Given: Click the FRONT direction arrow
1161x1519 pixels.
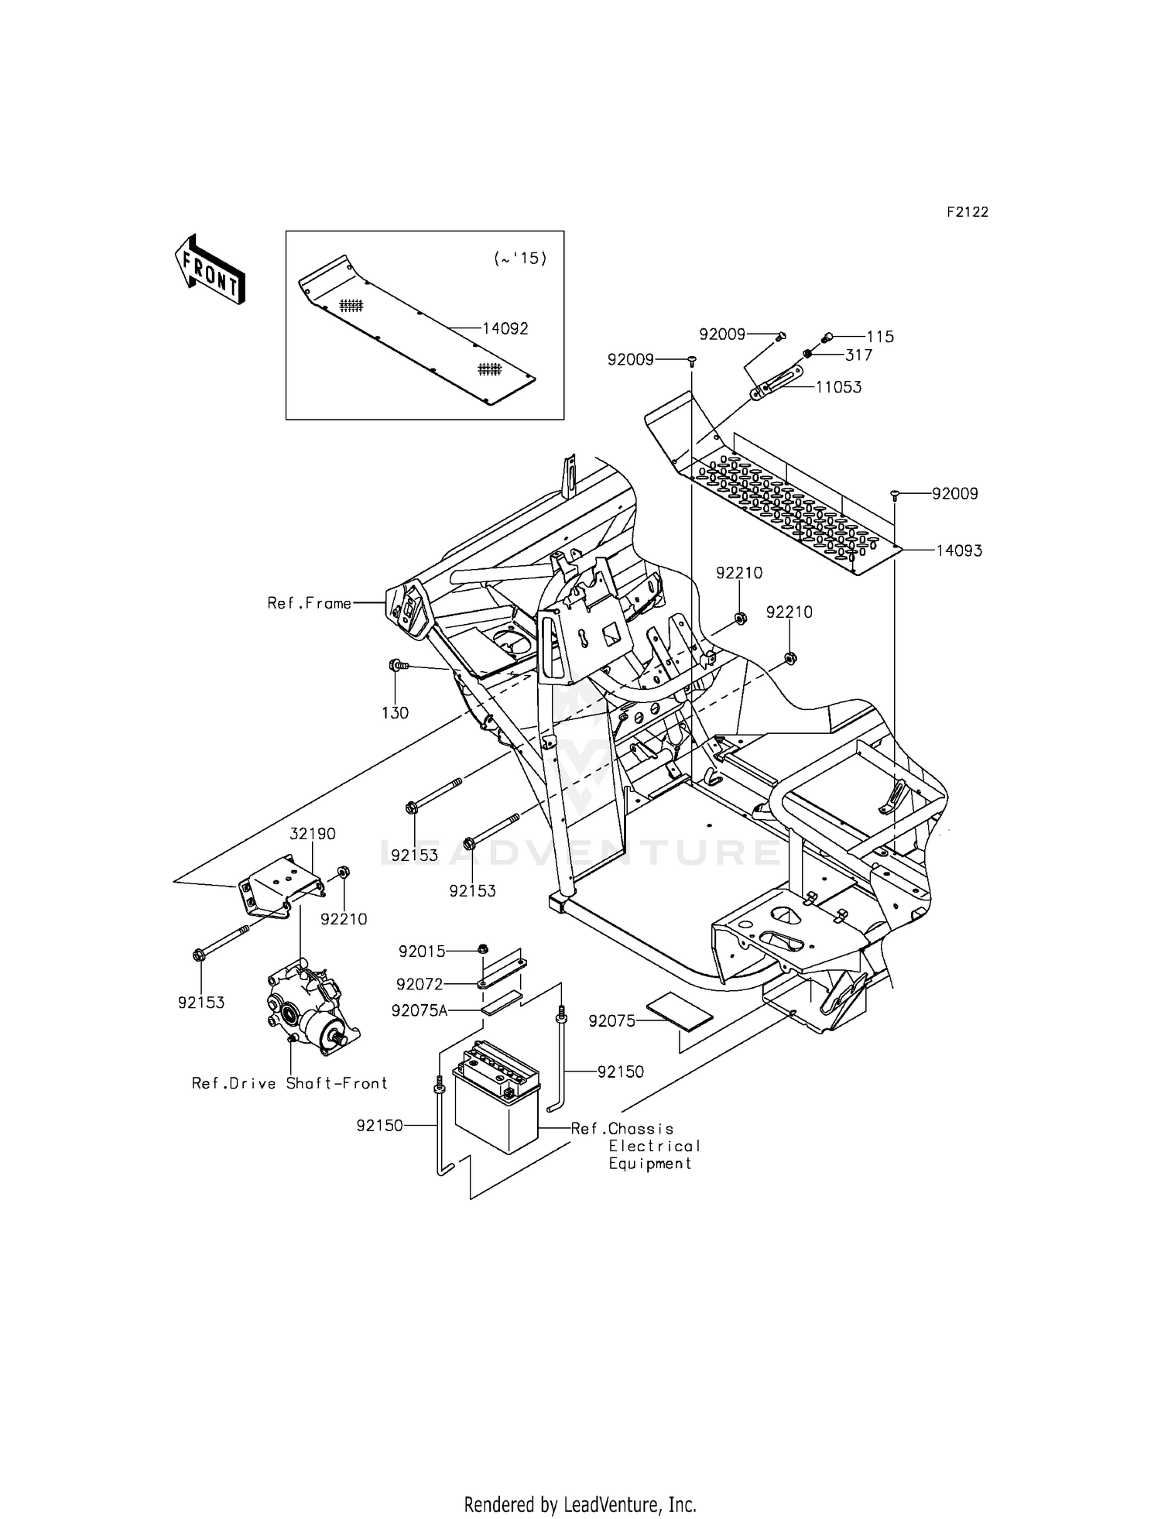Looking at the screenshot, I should click(x=209, y=269).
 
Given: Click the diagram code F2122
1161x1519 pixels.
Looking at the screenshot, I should click(x=967, y=212).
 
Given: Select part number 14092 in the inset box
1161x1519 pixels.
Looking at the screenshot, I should click(x=505, y=328).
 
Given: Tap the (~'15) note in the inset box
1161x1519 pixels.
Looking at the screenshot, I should click(x=520, y=259).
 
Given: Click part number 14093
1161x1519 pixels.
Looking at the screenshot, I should click(x=959, y=550).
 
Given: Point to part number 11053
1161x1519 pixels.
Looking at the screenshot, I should click(x=838, y=387).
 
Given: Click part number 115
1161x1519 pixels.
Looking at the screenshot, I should click(x=880, y=337).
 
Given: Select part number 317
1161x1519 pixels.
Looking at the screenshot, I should click(x=859, y=355).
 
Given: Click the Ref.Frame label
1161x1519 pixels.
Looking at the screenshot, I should click(x=310, y=603).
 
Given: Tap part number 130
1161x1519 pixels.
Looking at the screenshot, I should click(x=395, y=713).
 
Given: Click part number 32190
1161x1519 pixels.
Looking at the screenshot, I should click(x=313, y=834).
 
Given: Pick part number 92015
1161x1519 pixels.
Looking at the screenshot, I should click(x=422, y=951).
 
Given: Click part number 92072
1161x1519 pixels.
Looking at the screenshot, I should click(x=420, y=984).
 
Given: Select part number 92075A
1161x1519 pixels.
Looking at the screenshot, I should click(x=420, y=1010).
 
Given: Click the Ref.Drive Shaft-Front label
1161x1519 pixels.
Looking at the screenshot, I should click(x=289, y=1083).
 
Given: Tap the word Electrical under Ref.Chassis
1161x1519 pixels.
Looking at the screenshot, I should click(x=654, y=1146).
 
